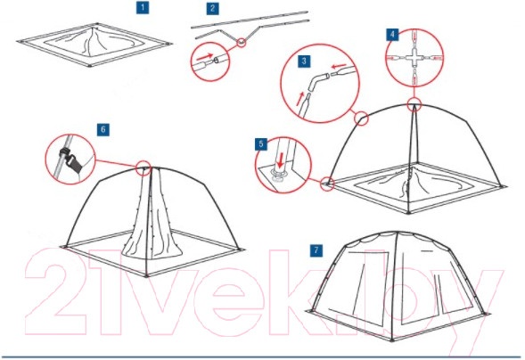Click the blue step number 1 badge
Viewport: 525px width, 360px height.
coord(143,7)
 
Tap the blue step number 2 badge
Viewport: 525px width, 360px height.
coord(213,8)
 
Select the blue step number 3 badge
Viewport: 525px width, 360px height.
coord(304,61)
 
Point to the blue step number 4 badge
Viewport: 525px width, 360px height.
coord(392,34)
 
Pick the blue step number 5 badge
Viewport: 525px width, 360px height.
coord(261,144)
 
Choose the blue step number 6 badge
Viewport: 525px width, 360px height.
coord(103,129)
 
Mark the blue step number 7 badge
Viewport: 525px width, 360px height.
coord(316,250)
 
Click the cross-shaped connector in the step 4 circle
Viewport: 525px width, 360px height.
coord(414,58)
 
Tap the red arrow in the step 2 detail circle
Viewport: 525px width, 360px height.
coord(205,58)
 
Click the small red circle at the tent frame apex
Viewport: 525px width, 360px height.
coord(414,104)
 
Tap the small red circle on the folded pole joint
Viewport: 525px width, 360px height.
coord(241,43)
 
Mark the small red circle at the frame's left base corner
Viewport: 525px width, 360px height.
coord(327,184)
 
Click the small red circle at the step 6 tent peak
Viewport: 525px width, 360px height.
coord(144,168)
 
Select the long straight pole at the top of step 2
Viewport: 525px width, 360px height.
coord(249,20)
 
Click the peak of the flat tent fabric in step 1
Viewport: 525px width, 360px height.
coord(94,29)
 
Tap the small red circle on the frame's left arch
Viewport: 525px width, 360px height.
coord(361,119)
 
